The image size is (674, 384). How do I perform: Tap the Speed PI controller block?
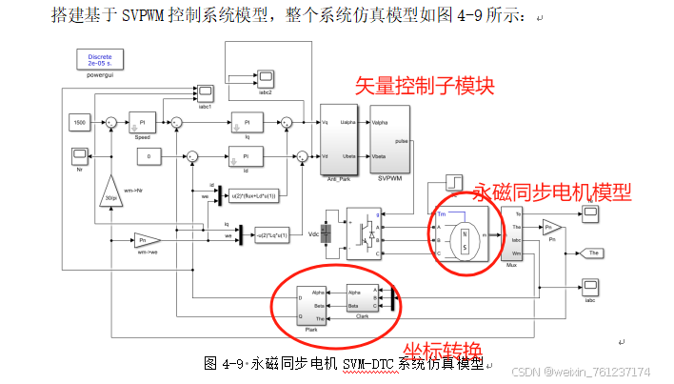143,122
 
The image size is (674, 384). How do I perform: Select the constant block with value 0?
150,155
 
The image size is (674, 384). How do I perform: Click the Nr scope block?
79,154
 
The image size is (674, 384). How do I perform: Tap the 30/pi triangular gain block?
111,196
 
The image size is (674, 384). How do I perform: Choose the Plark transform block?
311,305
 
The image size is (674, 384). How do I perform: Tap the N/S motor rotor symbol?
466,234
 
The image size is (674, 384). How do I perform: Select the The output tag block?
590,253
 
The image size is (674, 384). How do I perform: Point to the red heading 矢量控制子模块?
425,85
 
